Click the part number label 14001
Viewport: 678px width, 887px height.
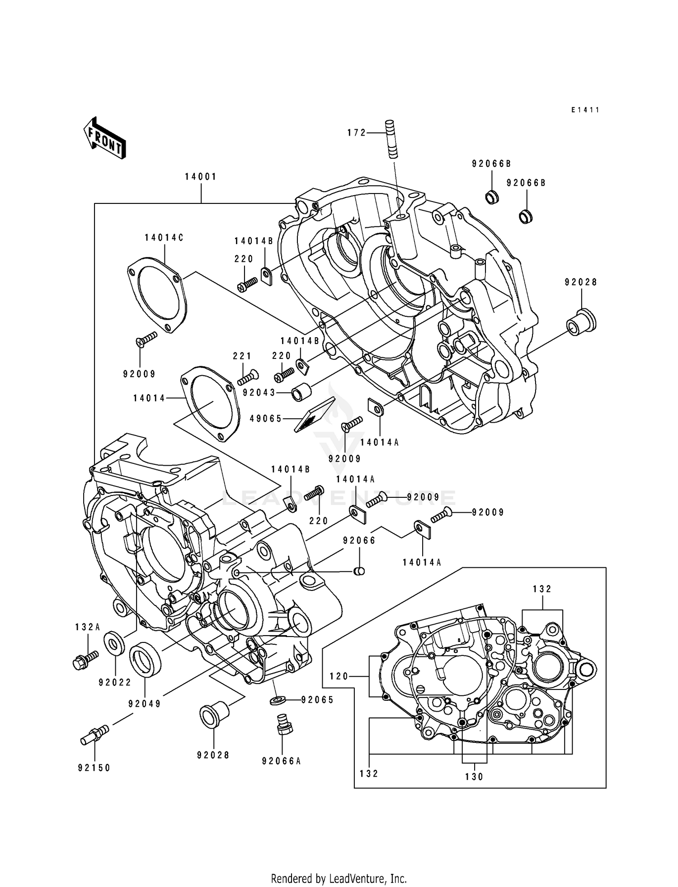(201, 177)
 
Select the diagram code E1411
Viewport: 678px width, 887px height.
(585, 110)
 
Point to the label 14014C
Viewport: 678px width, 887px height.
(164, 238)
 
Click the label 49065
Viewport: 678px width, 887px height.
(265, 419)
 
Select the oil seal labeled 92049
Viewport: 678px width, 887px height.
(145, 660)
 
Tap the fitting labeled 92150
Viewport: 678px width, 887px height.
(94, 736)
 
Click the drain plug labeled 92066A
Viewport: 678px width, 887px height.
(283, 726)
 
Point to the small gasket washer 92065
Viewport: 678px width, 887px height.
(276, 700)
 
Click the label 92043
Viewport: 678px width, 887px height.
(259, 393)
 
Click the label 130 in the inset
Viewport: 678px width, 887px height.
(474, 777)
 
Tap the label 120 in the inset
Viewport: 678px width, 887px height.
(339, 676)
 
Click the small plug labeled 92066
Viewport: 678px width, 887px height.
(358, 572)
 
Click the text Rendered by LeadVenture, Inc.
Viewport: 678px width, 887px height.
(339, 878)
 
